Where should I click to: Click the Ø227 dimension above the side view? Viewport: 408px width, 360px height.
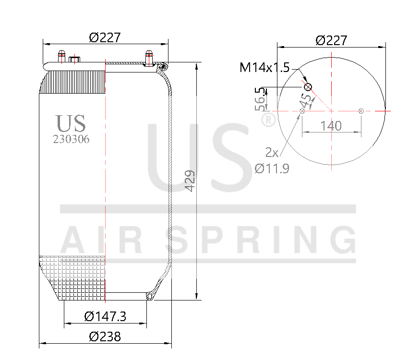(105, 37)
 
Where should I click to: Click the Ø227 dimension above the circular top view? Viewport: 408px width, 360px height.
(331, 40)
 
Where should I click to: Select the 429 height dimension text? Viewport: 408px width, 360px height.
(190, 181)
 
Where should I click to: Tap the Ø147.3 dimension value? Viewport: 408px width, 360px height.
(105, 316)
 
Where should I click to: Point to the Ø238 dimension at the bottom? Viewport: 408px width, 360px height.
(105, 336)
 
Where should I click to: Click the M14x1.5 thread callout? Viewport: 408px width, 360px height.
(264, 68)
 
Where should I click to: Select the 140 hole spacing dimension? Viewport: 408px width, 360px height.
(331, 126)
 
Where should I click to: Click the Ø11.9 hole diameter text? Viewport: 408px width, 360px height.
(272, 168)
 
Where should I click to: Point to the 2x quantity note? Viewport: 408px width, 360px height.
(272, 153)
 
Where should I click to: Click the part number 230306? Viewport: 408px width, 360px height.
(71, 139)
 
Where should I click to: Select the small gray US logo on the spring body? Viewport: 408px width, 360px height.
(71, 123)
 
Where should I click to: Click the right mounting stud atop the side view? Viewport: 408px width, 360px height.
(149, 56)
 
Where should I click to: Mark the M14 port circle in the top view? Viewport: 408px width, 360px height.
(308, 86)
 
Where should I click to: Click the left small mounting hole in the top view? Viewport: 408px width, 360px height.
(302, 111)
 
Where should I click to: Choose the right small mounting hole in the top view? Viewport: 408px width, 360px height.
(361, 111)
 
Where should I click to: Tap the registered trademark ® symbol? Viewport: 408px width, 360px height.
(268, 120)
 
